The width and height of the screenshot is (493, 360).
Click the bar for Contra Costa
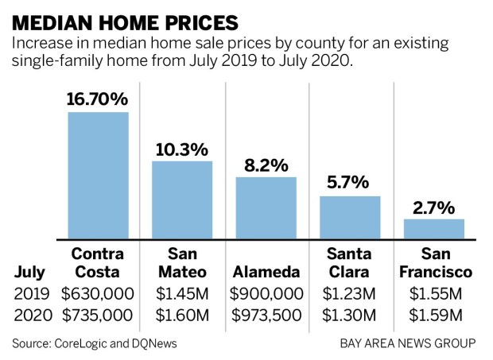98,175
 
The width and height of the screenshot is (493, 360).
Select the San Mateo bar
182,199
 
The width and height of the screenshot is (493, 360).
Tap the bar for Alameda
266,207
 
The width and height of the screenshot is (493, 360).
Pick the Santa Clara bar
350,217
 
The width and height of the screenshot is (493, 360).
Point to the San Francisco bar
434,229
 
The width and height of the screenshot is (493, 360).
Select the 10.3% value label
182,149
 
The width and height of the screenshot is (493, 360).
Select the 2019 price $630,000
98,292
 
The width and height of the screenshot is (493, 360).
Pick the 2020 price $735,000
98,314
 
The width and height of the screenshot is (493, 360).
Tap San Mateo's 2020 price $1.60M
182,314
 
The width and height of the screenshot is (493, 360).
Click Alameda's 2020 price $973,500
266,314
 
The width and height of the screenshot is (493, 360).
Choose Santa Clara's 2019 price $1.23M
350,292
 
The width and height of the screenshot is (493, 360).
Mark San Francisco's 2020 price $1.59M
434,314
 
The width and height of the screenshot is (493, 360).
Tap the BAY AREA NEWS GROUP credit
408,343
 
